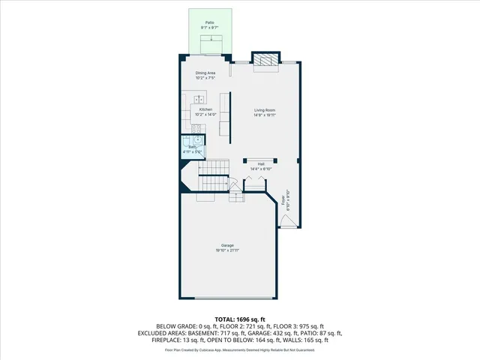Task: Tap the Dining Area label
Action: tap(205, 73)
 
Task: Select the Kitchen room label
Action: tap(205, 109)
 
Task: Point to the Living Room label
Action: tap(265, 110)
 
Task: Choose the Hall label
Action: tap(261, 163)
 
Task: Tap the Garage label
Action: tap(227, 246)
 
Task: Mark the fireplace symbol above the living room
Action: tap(264, 60)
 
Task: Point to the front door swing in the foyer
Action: tap(287, 220)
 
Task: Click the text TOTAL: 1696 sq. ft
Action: tap(239, 319)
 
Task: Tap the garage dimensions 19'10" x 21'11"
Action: tap(227, 250)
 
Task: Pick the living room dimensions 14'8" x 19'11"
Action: tap(265, 115)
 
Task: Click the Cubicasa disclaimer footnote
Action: tap(239, 349)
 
